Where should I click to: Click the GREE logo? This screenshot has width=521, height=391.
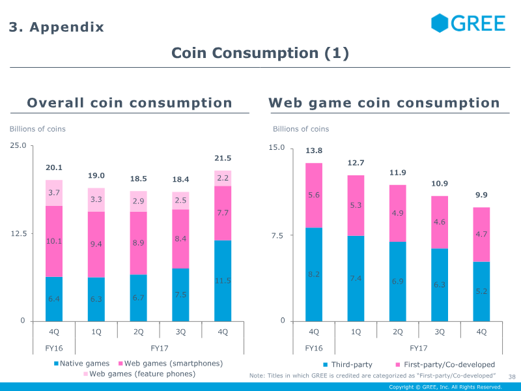(468, 23)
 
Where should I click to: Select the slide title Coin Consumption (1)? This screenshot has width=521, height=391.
(260, 53)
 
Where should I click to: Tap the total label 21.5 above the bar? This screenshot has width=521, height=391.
(223, 158)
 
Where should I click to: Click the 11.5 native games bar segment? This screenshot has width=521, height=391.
(223, 281)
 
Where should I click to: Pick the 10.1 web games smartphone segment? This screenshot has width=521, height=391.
(54, 241)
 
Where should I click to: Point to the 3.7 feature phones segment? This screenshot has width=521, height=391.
(54, 193)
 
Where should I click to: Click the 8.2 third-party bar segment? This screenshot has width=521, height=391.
(314, 274)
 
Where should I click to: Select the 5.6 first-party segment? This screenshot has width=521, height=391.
(314, 195)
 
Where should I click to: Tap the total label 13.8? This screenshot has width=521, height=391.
(314, 151)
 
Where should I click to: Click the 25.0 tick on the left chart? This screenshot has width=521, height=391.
(18, 146)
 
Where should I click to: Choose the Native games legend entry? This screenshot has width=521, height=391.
(81, 364)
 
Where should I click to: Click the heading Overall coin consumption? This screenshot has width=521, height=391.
(130, 103)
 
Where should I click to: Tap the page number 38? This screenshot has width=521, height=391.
(511, 376)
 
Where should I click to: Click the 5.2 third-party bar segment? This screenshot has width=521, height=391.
(482, 291)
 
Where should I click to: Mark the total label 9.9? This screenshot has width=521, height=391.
(482, 195)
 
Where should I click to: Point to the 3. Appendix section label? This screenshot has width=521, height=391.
(56, 27)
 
